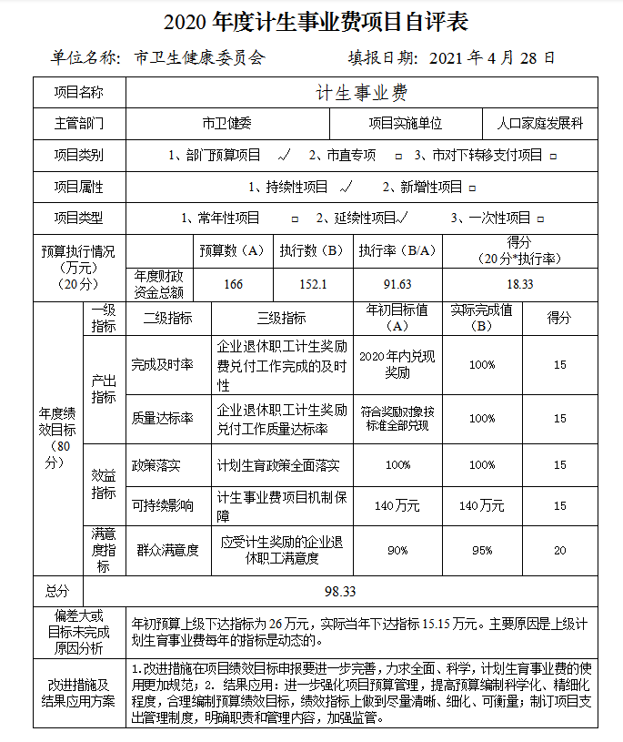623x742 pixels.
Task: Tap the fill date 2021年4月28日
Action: [490, 58]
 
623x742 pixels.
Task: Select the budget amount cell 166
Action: [233, 284]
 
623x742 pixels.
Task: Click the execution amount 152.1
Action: [313, 284]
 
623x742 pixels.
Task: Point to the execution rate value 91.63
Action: [397, 284]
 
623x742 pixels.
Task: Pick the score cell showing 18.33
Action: [520, 284]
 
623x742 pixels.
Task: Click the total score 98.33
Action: [340, 591]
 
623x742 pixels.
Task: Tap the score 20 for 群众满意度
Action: [559, 550]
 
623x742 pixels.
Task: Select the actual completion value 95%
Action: [482, 550]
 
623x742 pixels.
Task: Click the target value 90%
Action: [397, 550]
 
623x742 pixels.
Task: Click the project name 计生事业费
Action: [361, 94]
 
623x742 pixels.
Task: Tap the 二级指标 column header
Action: [168, 319]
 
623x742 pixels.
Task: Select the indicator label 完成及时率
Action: [162, 365]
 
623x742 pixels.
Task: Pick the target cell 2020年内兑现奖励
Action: [397, 365]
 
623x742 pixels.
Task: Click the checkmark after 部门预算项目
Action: [285, 155]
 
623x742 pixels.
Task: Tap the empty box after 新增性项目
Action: [472, 188]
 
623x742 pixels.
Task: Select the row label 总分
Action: [57, 591]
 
